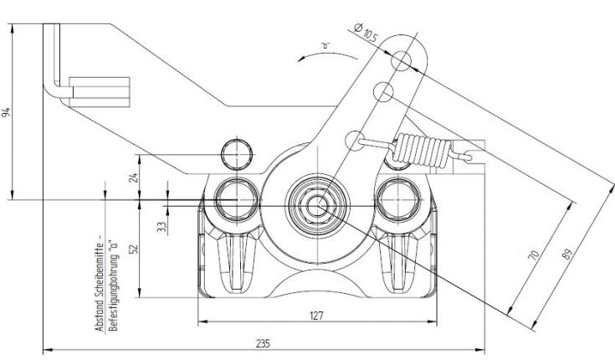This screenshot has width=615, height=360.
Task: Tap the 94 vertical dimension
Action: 7,111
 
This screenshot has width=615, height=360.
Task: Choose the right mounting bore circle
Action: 396,199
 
